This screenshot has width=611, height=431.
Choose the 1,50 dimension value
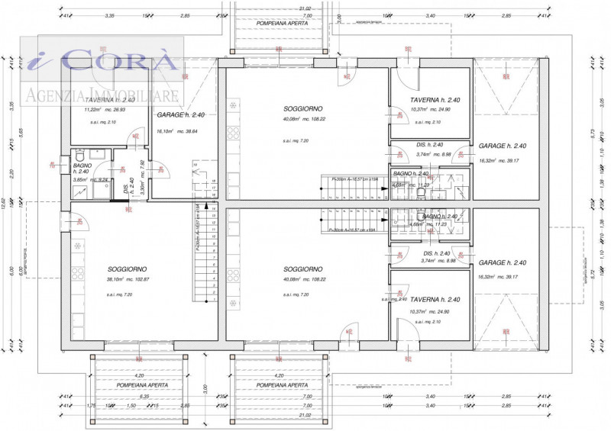(x=131, y=406)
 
